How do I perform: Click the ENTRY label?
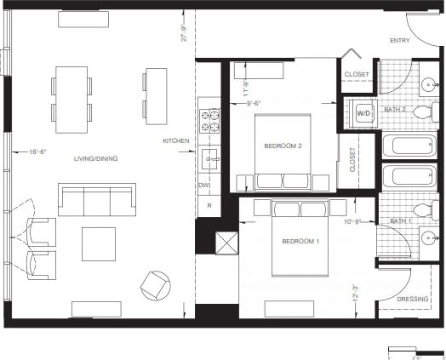point(399,41)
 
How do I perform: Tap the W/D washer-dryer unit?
point(363,112)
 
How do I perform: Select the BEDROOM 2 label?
point(283,146)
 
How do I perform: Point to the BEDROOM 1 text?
point(300,242)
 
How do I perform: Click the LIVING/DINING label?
point(95,158)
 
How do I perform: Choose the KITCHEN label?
point(176,140)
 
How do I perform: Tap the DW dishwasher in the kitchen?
point(204,185)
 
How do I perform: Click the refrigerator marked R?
point(208,205)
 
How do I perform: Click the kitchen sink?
point(209,156)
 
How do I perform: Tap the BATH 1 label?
point(399,221)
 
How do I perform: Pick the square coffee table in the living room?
point(99,243)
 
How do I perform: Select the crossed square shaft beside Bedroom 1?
point(227,243)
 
